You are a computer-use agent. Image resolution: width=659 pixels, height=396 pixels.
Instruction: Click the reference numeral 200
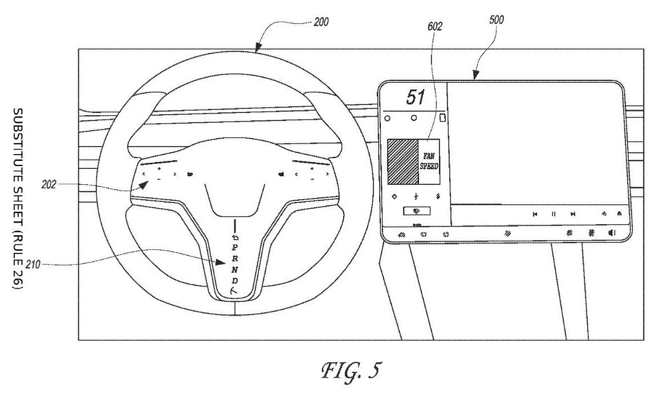pos(321,22)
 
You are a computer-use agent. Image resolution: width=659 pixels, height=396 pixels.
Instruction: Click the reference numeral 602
pos(434,26)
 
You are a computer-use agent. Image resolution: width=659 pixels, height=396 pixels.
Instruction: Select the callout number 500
pos(497,20)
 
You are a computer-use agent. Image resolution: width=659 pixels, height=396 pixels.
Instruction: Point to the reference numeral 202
pos(49,184)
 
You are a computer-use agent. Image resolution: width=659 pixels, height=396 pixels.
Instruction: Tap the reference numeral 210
pos(33,265)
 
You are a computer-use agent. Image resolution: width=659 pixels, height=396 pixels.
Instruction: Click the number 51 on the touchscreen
pos(415,97)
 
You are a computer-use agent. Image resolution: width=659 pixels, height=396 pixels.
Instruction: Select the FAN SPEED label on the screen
pos(429,161)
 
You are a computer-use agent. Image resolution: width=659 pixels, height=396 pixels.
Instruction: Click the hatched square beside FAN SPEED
pos(402,161)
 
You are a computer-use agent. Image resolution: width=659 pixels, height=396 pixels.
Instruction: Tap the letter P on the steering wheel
pos(234,248)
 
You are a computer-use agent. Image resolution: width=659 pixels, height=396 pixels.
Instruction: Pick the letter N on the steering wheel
pos(235,269)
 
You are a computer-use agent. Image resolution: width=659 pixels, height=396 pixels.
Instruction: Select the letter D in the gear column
pos(235,280)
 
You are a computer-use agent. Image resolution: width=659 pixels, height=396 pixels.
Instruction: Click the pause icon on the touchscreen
pos(554,214)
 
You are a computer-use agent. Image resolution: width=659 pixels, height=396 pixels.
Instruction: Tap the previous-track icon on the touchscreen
pos(535,214)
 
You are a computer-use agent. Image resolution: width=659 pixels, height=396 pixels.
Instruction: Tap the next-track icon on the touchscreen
pos(572,214)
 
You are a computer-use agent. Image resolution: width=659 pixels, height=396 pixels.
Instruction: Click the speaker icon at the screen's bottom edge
pos(612,233)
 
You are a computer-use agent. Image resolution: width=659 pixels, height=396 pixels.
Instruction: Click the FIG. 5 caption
pos(351,370)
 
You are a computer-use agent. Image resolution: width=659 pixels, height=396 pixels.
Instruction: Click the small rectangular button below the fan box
pos(417,211)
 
